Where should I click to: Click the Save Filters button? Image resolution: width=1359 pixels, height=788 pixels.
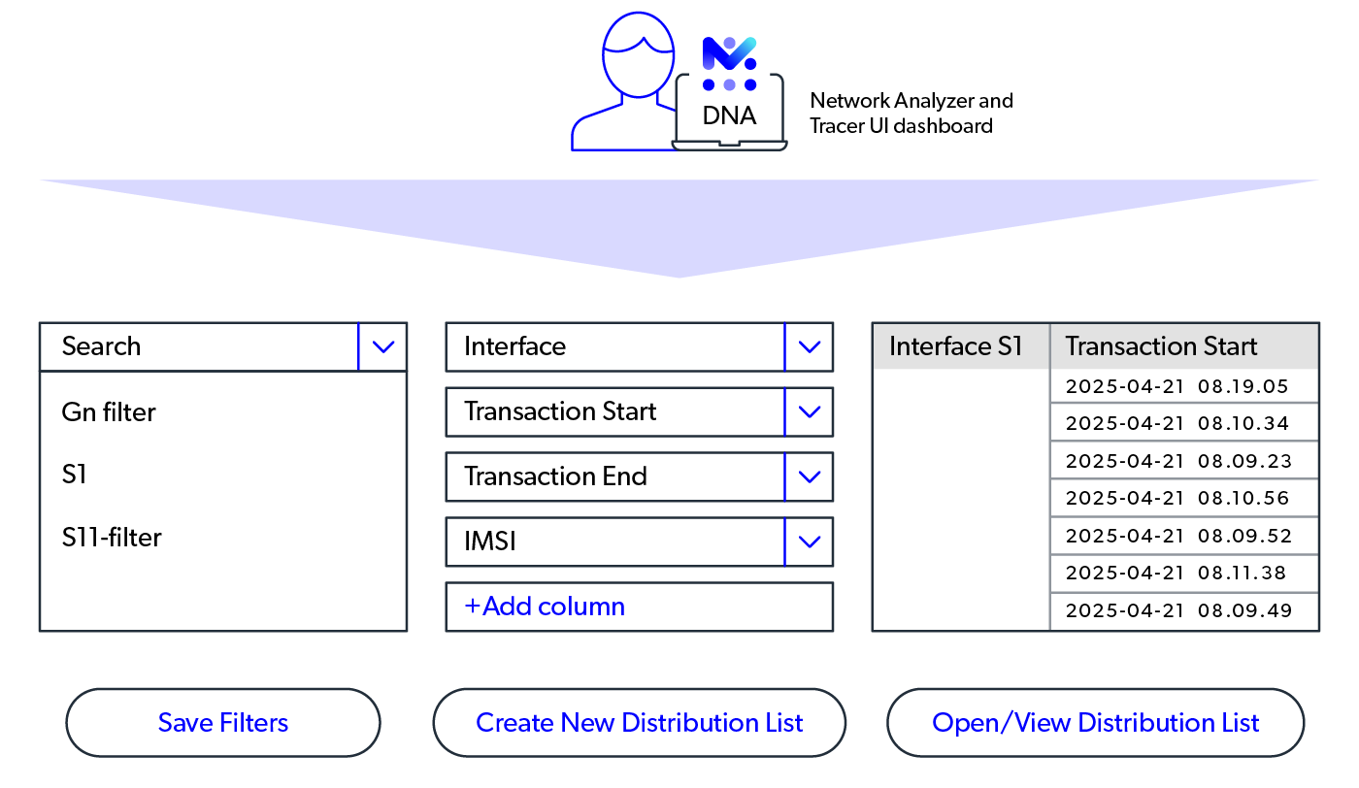223,723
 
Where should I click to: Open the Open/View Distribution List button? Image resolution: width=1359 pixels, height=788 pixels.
1095,723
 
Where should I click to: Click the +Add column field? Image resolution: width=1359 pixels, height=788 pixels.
639,607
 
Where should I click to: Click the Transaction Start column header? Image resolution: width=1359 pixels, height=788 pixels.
1183,346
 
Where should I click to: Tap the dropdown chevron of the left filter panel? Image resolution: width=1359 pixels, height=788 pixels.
383,346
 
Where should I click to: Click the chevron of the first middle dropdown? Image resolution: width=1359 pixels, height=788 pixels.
810,346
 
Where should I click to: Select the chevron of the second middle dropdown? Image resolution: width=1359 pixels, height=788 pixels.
810,412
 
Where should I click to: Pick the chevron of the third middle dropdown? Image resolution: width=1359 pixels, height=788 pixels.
810,476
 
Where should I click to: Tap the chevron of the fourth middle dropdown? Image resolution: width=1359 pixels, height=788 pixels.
810,542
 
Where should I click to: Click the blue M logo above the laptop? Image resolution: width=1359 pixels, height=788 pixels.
729,52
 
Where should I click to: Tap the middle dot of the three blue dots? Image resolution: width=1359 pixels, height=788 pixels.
729,84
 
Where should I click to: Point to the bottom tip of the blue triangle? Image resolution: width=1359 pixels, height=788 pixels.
679,276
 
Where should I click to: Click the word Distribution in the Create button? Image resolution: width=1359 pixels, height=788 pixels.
678,723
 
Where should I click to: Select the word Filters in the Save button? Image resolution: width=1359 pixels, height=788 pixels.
255,723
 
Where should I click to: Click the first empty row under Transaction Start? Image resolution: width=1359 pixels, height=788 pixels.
1183,386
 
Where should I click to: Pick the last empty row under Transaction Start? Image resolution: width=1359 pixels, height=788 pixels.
1183,611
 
